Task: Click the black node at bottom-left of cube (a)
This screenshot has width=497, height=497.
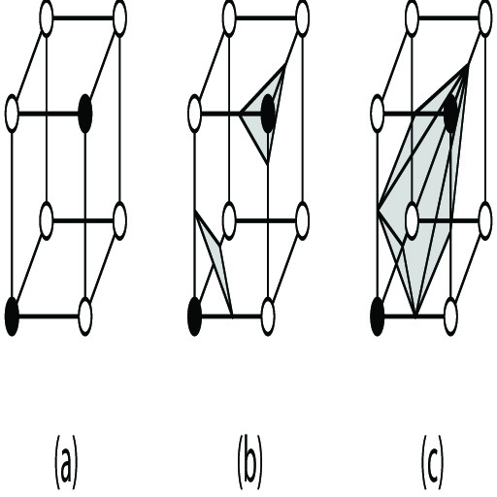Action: click(x=12, y=316)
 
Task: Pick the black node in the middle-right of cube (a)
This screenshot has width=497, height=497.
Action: click(x=85, y=114)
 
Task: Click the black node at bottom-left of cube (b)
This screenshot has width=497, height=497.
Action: click(x=195, y=316)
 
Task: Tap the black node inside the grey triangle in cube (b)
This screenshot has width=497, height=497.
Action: click(x=268, y=114)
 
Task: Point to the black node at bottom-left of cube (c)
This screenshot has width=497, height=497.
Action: click(x=378, y=316)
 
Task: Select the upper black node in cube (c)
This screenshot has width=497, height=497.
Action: click(x=451, y=114)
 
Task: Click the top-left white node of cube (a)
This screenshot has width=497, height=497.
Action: click(x=47, y=17)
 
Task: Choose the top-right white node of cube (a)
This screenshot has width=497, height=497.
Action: click(x=119, y=17)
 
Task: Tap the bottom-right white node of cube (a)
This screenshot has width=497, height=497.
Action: click(x=85, y=316)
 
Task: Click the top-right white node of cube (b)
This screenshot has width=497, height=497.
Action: click(x=302, y=17)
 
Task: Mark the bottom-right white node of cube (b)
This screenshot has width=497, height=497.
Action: click(x=268, y=316)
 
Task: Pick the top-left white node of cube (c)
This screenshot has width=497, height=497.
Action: click(x=412, y=17)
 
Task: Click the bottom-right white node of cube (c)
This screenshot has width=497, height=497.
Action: click(x=450, y=316)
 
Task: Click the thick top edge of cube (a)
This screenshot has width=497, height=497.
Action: click(x=83, y=17)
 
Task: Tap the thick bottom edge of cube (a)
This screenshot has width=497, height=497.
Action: click(x=49, y=316)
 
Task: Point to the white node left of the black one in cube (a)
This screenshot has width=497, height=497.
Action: click(x=12, y=114)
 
